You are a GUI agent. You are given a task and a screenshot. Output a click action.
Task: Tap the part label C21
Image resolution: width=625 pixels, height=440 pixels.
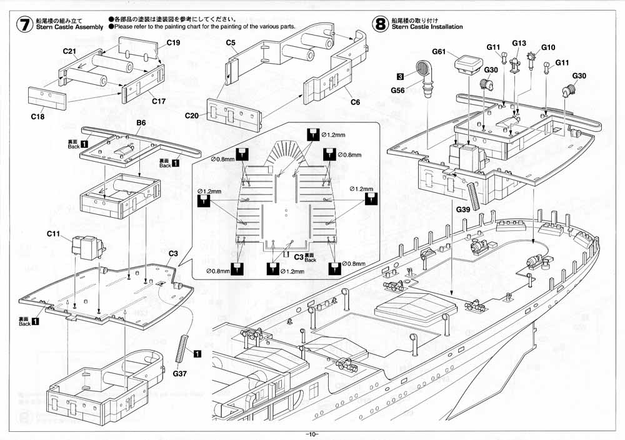point(69,51)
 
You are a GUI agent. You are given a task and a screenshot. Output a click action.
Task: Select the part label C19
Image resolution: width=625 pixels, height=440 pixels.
point(173,43)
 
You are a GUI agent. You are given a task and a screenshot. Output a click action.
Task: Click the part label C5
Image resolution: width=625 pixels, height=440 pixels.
point(231,43)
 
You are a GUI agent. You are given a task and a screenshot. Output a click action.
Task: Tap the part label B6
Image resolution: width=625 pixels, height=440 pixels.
point(141,124)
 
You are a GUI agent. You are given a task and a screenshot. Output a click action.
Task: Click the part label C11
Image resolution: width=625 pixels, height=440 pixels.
point(53,233)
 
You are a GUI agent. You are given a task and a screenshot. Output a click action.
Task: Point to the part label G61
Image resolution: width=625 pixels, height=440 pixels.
point(438,53)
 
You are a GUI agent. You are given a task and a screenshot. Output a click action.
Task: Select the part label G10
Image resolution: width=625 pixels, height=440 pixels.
point(548,47)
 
